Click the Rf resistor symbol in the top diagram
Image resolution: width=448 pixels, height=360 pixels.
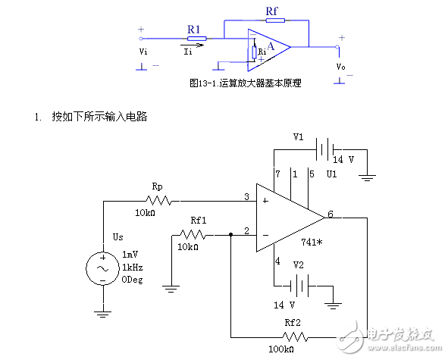click(x=275, y=20)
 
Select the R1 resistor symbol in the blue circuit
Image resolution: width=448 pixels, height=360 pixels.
click(x=197, y=39)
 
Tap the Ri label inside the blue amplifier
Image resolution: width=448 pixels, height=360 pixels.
click(x=262, y=52)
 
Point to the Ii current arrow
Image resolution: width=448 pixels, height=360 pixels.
click(x=193, y=45)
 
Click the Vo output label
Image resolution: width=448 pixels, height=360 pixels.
click(x=340, y=67)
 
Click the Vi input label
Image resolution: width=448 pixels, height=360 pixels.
click(x=143, y=52)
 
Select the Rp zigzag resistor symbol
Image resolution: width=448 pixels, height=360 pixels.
click(x=158, y=201)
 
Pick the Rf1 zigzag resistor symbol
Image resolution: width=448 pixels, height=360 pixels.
click(x=193, y=235)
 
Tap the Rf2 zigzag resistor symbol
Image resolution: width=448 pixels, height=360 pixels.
click(x=295, y=337)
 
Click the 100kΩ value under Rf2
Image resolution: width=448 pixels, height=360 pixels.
click(x=281, y=349)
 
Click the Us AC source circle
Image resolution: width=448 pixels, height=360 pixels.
click(x=103, y=268)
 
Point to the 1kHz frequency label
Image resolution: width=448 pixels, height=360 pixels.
click(x=133, y=268)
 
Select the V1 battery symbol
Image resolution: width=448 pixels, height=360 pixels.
click(x=324, y=149)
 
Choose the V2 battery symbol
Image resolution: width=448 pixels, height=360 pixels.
click(x=299, y=286)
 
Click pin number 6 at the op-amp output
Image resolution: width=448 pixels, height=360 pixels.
click(x=331, y=214)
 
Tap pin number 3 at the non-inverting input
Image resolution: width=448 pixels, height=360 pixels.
click(x=246, y=196)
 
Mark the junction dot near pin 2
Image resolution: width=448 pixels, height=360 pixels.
click(x=231, y=235)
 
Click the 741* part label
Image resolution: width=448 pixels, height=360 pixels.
click(x=312, y=243)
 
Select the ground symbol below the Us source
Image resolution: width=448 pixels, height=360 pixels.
click(x=103, y=315)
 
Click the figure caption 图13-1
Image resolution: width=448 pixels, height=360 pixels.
click(x=203, y=83)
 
